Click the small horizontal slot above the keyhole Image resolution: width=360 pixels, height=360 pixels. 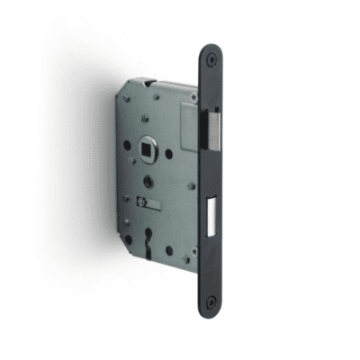point(152,207)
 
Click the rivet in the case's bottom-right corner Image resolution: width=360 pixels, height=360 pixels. point(187,261)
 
